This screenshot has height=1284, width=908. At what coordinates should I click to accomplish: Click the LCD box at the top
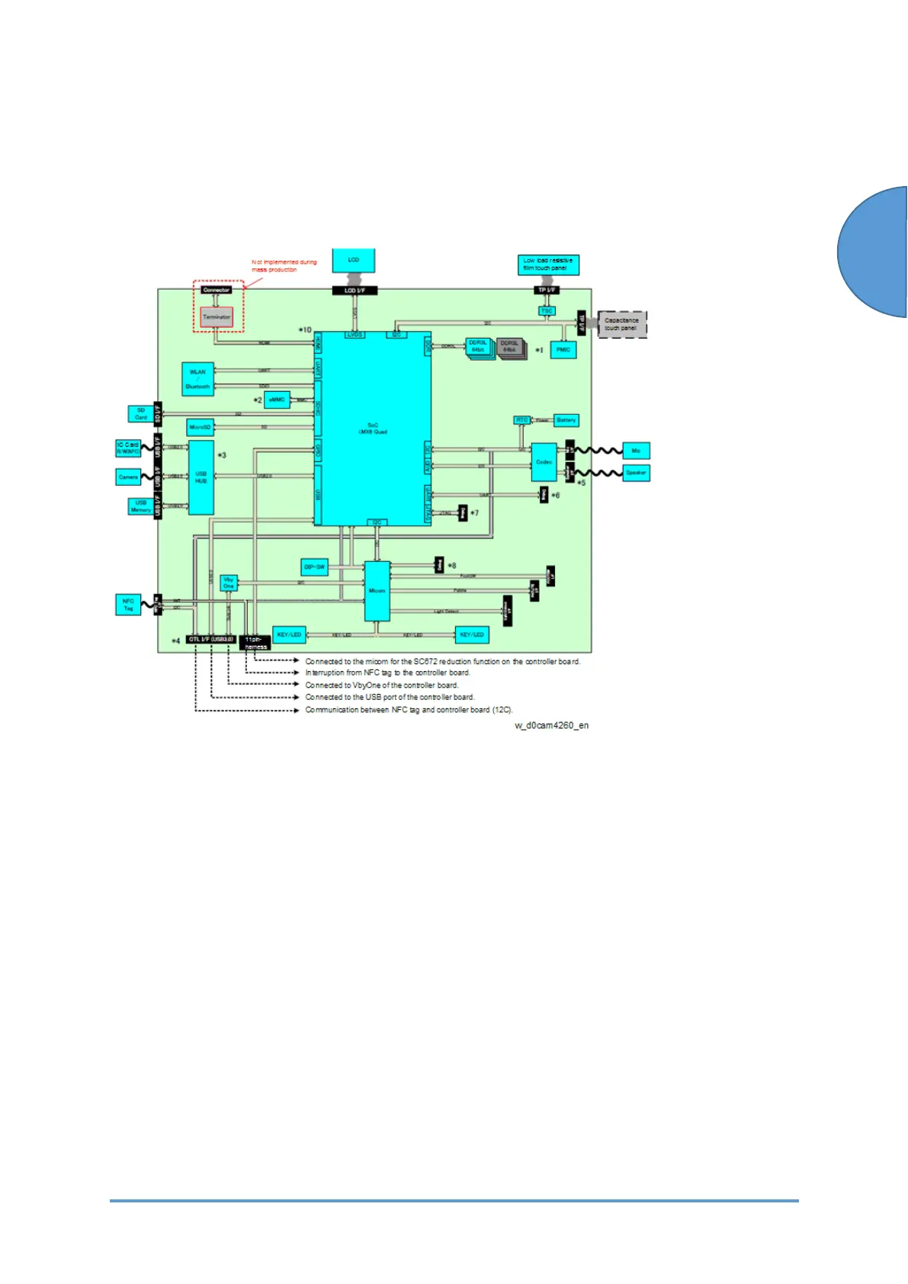point(354,260)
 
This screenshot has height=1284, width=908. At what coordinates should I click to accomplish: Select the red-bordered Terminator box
point(217,317)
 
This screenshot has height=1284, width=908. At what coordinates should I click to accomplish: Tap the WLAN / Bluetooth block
point(197,379)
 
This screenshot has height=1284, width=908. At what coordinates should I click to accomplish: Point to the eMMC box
point(277,400)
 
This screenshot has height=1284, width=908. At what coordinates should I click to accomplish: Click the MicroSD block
point(200,427)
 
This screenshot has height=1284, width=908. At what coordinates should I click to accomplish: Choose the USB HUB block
point(201,477)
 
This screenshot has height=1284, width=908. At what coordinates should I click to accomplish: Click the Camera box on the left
point(128,477)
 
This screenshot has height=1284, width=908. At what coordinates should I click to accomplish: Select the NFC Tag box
point(128,605)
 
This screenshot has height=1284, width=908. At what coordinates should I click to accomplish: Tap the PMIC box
point(563,350)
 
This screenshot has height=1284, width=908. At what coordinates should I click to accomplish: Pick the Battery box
point(566,420)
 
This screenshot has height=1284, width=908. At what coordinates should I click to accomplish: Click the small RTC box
point(521,420)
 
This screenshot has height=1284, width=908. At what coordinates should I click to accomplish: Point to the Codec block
point(544,462)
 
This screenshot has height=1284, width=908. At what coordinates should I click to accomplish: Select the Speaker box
point(636,473)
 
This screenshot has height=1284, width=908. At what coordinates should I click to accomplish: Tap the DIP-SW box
point(315,567)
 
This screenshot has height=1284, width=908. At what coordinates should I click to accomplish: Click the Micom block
point(377,591)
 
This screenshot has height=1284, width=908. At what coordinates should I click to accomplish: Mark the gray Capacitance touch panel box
point(622,324)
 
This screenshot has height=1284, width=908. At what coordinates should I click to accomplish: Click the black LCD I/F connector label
point(355,291)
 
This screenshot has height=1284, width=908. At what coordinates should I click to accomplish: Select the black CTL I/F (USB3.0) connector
point(210,639)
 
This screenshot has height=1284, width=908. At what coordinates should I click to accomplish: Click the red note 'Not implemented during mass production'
point(284,265)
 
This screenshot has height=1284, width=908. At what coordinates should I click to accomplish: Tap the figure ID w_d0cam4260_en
point(551,725)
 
